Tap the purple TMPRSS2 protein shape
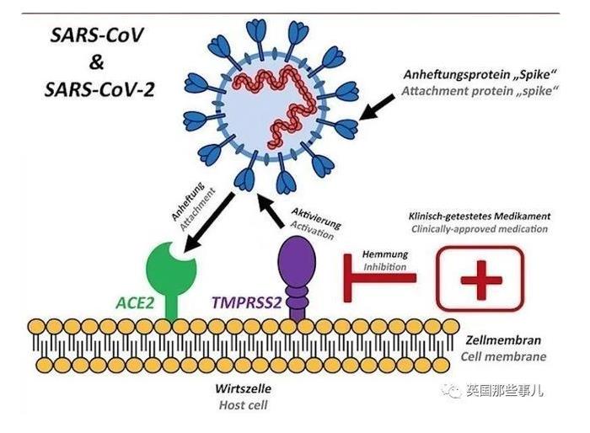297,265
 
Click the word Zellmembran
504,341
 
